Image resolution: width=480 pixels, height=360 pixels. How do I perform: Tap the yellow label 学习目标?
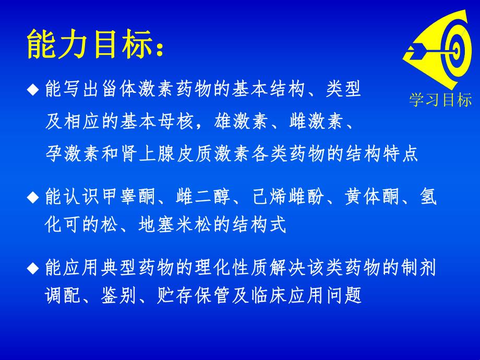440,100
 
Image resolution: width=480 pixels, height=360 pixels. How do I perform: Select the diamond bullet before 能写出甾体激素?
33,90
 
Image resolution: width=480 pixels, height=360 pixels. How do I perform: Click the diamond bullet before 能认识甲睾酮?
33,197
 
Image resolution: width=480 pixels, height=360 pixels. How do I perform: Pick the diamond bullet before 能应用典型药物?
33,269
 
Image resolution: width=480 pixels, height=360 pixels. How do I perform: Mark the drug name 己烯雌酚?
289,197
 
